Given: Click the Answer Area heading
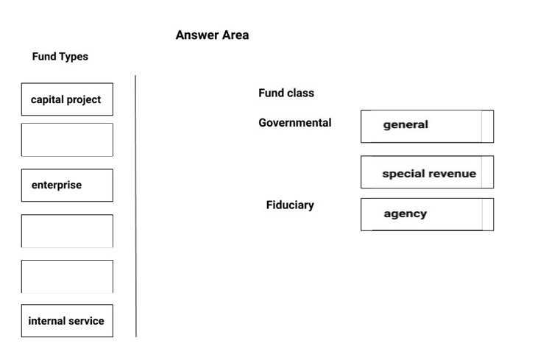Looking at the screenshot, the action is click(x=212, y=35).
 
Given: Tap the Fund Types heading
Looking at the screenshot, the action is click(x=60, y=57).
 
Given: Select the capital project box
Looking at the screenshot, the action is click(x=67, y=99).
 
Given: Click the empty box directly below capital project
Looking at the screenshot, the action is click(x=67, y=140).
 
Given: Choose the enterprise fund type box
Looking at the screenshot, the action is click(x=67, y=185).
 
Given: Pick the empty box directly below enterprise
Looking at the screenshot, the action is click(x=67, y=230).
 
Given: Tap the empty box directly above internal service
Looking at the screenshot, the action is click(x=67, y=276).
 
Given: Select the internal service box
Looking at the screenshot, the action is click(x=67, y=321).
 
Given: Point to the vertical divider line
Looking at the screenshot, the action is click(x=135, y=206).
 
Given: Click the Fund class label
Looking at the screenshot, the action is click(x=286, y=93).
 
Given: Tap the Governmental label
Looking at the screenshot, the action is click(x=295, y=123).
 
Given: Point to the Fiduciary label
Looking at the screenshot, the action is click(x=290, y=205).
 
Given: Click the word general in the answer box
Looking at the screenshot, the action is click(x=405, y=124).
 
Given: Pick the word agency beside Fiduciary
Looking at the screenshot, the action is click(x=405, y=213).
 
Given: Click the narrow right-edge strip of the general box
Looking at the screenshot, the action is click(x=487, y=127).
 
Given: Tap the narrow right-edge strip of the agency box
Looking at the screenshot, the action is click(x=488, y=214).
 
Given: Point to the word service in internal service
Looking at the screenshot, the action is click(x=86, y=321).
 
